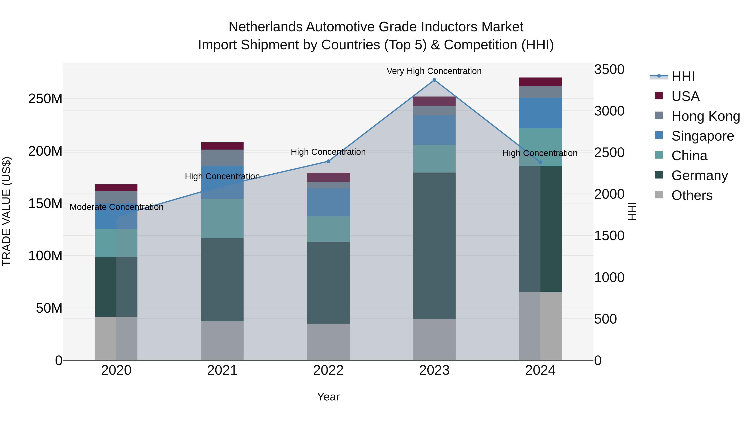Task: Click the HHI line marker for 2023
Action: [434, 80]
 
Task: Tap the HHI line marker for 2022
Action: [328, 161]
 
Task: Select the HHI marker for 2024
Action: [540, 162]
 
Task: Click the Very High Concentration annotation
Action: [434, 71]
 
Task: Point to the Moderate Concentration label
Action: [117, 207]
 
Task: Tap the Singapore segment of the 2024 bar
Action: [540, 113]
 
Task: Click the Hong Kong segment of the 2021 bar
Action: [222, 158]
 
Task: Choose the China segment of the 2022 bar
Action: [328, 229]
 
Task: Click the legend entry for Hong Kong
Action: [705, 116]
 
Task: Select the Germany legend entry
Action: [699, 175]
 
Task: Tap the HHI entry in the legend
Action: [682, 76]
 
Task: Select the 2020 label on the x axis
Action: [116, 370]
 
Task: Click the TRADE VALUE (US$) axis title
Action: [6, 211]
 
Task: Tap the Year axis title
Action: [328, 397]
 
